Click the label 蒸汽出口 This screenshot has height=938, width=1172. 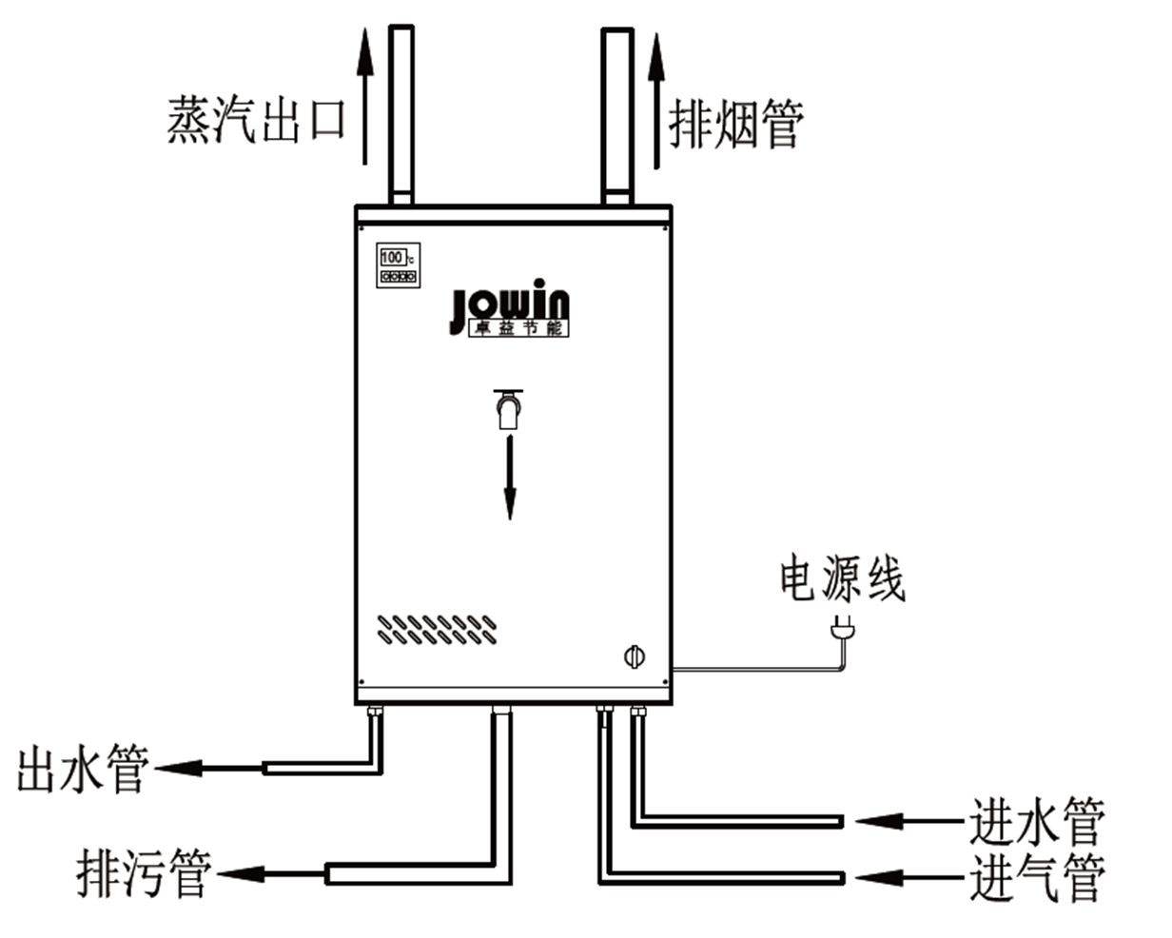point(255,120)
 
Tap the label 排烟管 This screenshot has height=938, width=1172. point(735,123)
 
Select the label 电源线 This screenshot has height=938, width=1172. point(842,577)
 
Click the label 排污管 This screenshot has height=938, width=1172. point(143,872)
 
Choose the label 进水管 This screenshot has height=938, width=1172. point(1037,821)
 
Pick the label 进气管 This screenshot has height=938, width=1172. point(1037,877)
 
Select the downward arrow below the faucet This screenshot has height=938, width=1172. point(510,478)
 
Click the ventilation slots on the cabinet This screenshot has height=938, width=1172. point(437,629)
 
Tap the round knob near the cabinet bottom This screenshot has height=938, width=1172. point(634,655)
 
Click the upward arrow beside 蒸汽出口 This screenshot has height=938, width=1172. point(363,95)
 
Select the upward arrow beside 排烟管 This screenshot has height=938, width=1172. point(655,100)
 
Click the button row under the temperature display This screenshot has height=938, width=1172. point(398,277)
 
